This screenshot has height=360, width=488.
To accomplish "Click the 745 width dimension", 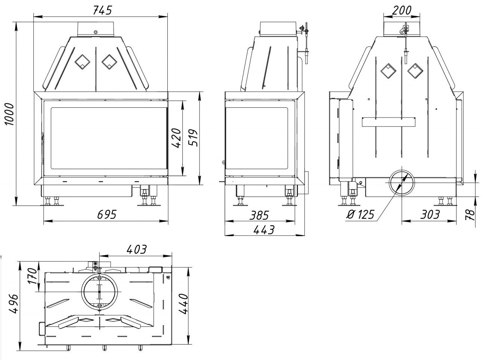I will pyautogui.click(x=102, y=10).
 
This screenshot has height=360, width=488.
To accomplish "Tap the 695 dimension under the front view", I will pyautogui.click(x=107, y=214).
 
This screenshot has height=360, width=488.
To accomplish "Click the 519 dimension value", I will pyautogui.click(x=193, y=138).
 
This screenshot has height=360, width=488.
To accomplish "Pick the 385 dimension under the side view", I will pyautogui.click(x=259, y=215).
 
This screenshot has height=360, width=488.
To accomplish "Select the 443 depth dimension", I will pyautogui.click(x=264, y=229).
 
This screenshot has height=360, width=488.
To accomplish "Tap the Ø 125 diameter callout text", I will pyautogui.click(x=360, y=214).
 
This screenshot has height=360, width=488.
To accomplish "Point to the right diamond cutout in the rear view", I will pyautogui.click(x=415, y=71).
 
